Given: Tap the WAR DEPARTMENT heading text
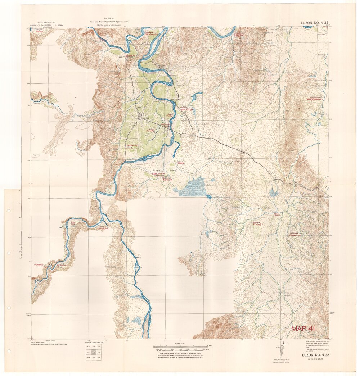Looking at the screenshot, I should click(42, 22).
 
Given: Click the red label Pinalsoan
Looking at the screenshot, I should click(152, 33).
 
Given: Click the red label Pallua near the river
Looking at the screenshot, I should click(165, 124).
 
